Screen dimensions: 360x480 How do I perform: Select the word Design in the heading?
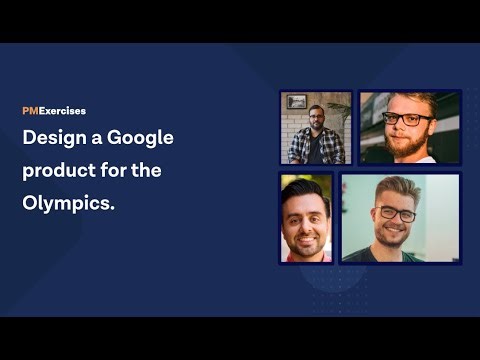(x=54, y=138)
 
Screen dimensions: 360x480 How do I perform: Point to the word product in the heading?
(x=58, y=171)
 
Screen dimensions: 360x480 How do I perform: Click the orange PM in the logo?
(x=30, y=111)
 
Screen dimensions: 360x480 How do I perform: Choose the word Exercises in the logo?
(x=62, y=111)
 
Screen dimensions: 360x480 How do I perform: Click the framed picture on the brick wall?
(x=296, y=101)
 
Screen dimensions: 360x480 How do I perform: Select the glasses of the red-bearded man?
(x=407, y=118)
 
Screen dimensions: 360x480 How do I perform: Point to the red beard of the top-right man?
(x=408, y=143)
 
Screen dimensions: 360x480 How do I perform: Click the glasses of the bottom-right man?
(x=397, y=212)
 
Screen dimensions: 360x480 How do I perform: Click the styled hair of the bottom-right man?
(x=396, y=187)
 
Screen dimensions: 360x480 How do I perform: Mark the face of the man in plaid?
(x=316, y=119)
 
